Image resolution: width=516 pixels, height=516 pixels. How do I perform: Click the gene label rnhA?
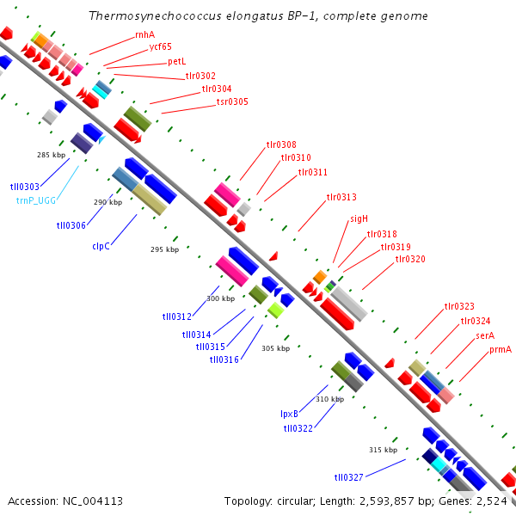[x=145, y=34]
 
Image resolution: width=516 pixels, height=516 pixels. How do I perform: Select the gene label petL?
[x=177, y=62]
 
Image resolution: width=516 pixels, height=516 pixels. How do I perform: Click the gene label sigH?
[x=359, y=218]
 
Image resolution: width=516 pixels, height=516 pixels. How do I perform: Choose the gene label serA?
[x=485, y=335]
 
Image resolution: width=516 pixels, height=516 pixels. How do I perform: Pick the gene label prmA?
[x=501, y=349]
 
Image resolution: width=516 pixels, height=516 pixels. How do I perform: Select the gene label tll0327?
[x=349, y=476]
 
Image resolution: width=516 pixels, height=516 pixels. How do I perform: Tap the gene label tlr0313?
[x=341, y=197]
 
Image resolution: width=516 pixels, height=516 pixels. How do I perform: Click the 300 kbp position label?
[x=220, y=298]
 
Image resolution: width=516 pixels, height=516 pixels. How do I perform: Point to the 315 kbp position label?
[x=383, y=450]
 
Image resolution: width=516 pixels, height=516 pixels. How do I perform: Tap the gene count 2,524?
[x=491, y=501]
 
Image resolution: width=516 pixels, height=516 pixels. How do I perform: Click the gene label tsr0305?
[x=232, y=101]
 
